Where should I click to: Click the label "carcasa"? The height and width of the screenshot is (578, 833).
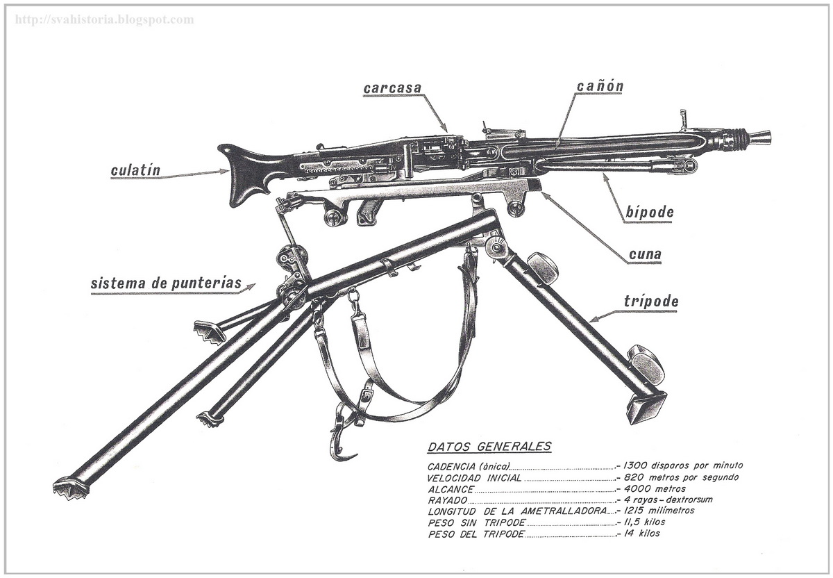[x=392, y=89]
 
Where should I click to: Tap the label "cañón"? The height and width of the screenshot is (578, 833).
[x=600, y=86]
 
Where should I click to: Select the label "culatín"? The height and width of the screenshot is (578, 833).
[x=135, y=170]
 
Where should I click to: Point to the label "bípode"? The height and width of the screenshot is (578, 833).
[x=648, y=212]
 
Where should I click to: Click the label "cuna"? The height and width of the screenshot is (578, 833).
[x=644, y=255]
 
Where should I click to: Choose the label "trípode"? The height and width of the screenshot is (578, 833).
[x=650, y=302]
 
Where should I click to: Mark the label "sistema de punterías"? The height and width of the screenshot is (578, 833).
[x=166, y=283]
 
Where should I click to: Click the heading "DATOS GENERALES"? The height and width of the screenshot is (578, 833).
[x=489, y=447]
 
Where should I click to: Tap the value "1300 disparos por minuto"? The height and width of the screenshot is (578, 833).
[x=683, y=465]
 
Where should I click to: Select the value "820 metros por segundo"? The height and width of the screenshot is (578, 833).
[x=680, y=477]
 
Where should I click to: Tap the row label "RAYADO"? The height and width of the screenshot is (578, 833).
[x=447, y=500]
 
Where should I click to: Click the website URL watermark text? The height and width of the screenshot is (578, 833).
[x=104, y=19]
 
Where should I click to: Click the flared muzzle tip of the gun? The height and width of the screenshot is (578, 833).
[x=762, y=137]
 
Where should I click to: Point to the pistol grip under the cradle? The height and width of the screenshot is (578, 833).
[x=366, y=213]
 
